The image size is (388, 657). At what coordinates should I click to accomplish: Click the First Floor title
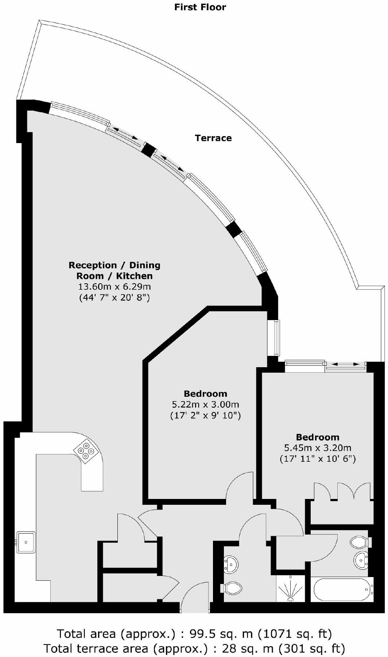coord(200,7)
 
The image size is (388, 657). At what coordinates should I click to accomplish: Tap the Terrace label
coord(213,138)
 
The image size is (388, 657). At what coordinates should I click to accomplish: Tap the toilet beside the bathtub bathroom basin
coord(360,542)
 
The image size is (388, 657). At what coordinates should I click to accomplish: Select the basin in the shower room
coord(230,564)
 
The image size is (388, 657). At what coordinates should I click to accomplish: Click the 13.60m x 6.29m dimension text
coord(114,287)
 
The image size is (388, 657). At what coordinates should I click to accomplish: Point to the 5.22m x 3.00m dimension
coord(205,404)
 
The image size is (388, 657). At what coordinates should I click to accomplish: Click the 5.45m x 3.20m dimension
coord(317,448)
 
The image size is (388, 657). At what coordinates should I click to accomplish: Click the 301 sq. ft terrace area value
coord(311,648)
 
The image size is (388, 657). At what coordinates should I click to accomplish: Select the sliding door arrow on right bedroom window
coord(345,364)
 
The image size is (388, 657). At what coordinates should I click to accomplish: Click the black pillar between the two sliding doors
coord(148,149)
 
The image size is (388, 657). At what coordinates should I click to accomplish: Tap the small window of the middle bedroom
coord(273,338)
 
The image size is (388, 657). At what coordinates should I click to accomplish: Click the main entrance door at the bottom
coord(195,599)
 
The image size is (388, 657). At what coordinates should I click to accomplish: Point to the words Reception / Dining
coord(114,265)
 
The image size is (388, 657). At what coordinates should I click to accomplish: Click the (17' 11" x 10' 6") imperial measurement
coord(317,459)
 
